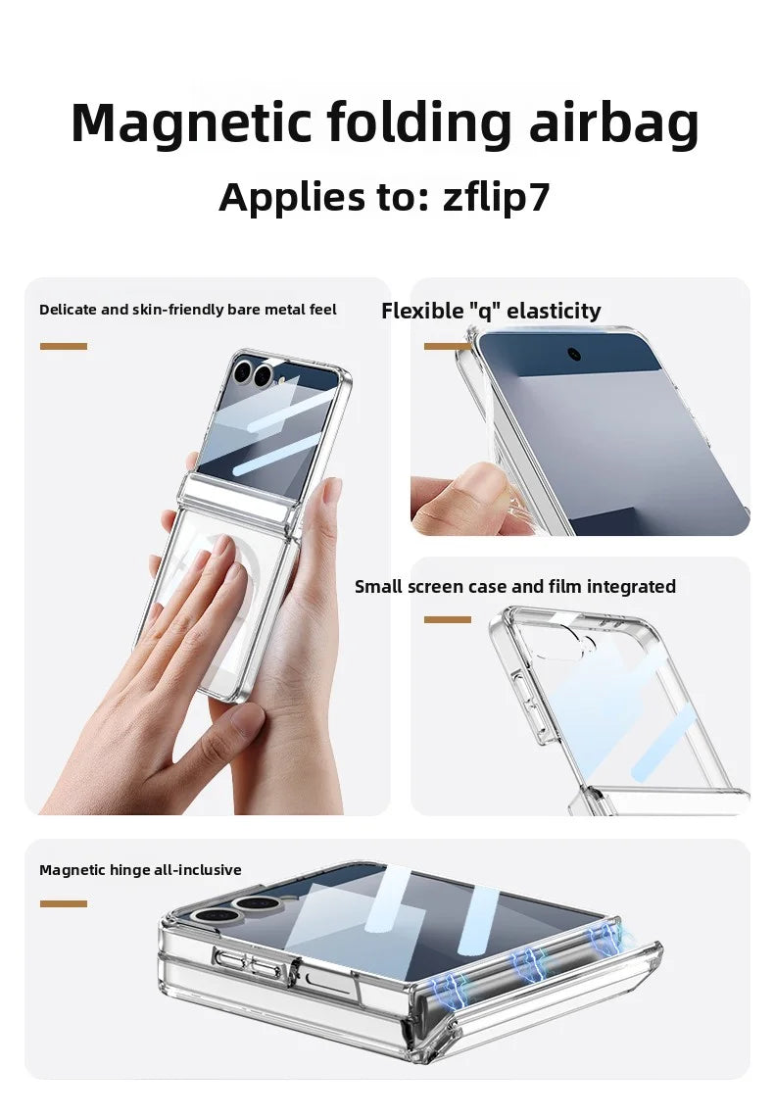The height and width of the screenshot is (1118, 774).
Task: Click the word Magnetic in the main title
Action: (x=190, y=124)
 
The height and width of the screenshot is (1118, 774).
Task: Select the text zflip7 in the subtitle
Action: (x=497, y=197)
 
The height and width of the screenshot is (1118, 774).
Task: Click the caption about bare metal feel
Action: (x=187, y=310)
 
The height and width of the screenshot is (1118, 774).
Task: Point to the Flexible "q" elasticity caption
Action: (x=491, y=311)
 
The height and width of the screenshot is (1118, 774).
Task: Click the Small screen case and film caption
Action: (x=514, y=587)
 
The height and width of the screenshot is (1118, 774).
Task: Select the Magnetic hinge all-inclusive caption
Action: (x=140, y=870)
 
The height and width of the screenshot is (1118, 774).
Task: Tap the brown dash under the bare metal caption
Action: (x=64, y=346)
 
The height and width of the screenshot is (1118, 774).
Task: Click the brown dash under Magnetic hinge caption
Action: (x=64, y=903)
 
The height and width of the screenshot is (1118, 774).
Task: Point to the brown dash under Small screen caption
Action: (x=448, y=619)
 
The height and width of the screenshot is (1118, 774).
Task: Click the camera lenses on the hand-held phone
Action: (x=253, y=373)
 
